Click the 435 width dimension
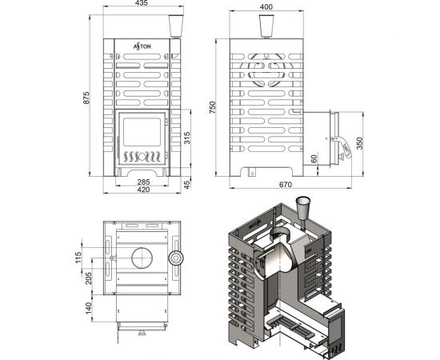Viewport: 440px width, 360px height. (x=142, y=3)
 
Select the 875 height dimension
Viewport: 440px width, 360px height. (x=86, y=98)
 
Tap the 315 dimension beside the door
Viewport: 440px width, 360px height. (x=187, y=138)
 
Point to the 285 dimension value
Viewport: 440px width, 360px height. (x=143, y=182)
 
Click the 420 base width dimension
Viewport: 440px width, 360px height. (x=143, y=190)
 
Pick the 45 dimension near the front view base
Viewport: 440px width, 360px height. (x=187, y=184)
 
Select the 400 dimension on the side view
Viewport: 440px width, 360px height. (x=266, y=7)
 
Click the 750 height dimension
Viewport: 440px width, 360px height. (x=213, y=107)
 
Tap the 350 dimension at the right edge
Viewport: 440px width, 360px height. (x=359, y=143)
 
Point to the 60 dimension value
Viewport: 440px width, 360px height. (x=314, y=159)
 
